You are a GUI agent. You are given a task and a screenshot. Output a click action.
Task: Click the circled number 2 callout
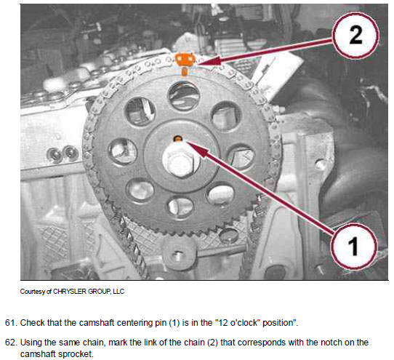pyautogui.click(x=355, y=36)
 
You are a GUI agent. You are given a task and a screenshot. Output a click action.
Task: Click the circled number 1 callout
pyautogui.click(x=354, y=247)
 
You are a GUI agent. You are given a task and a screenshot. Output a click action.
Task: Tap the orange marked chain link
pyautogui.click(x=185, y=60)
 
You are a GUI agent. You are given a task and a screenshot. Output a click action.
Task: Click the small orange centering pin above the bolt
pyautogui.click(x=178, y=138)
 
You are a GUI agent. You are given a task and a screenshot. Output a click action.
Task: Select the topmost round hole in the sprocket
pyautogui.click(x=184, y=96)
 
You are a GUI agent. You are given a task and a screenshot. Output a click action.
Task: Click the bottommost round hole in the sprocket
pyautogui.click(x=180, y=207)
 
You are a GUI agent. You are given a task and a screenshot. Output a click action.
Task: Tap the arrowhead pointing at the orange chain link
pyautogui.click(x=209, y=61)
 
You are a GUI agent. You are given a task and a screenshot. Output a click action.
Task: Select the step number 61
pyautogui.click(x=10, y=322)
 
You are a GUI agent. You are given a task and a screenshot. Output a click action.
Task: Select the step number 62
pyautogui.click(x=10, y=343)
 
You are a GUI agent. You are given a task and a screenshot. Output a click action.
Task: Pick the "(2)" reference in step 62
pyautogui.click(x=212, y=343)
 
